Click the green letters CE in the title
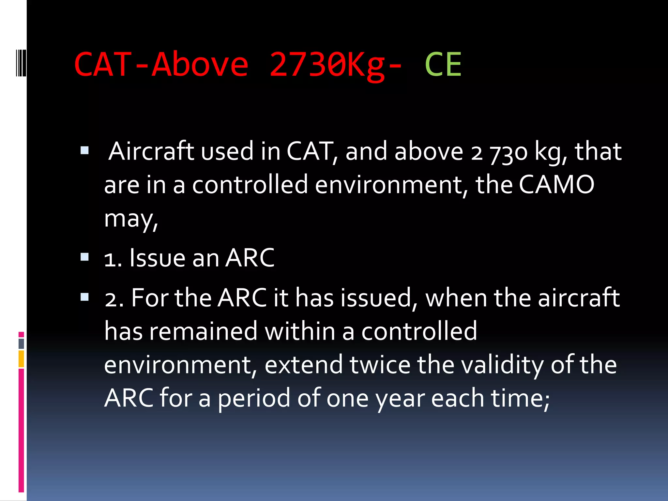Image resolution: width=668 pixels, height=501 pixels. coord(443,65)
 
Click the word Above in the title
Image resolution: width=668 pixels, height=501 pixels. coord(200,65)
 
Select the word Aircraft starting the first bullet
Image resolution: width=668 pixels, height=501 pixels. coord(151,151)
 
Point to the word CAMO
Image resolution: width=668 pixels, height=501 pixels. coord(556,185)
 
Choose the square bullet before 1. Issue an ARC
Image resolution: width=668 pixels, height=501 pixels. coord(84,257)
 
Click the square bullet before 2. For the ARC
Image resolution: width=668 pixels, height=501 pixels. coord(84,297)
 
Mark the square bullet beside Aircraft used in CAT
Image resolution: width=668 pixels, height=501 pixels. coord(84,150)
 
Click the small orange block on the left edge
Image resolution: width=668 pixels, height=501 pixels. coord(21,359)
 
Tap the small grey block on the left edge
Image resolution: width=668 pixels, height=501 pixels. coord(21,343)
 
